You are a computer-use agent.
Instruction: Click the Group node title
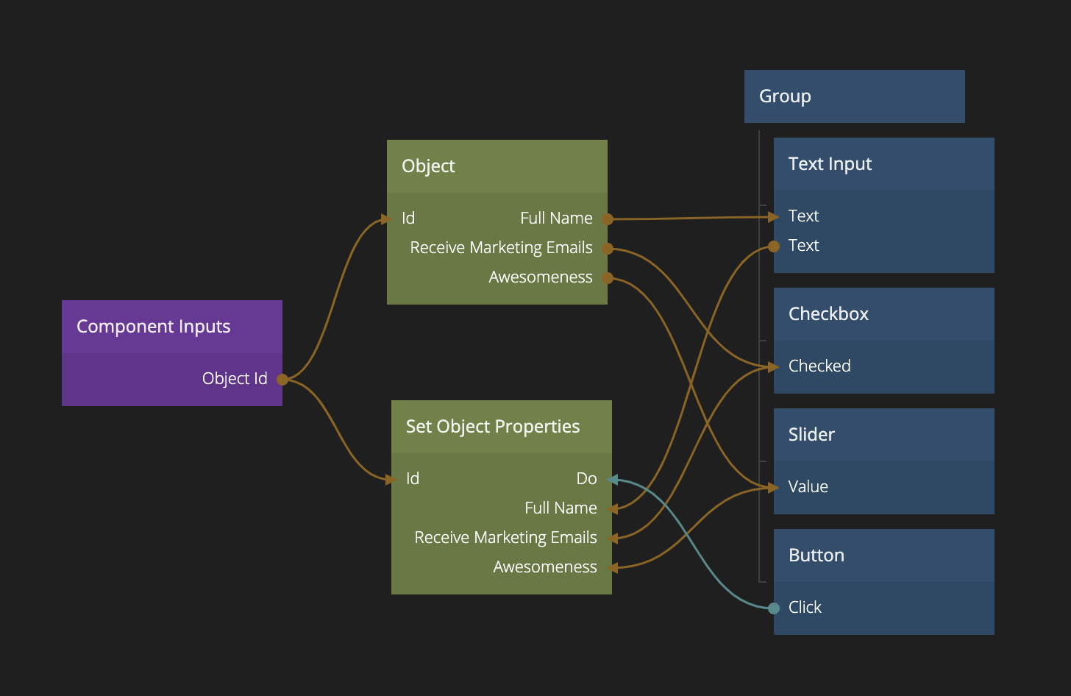(x=785, y=96)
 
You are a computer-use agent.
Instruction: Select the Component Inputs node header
(x=154, y=327)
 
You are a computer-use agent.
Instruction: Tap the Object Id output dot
(x=282, y=380)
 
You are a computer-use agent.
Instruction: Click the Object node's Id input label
(x=408, y=219)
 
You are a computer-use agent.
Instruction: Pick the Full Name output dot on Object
(x=608, y=219)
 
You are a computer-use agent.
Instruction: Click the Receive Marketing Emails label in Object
(x=501, y=248)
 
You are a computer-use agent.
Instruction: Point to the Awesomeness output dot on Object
(x=608, y=278)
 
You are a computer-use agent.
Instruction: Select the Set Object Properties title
(x=493, y=427)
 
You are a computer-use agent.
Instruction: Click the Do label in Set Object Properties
(x=586, y=479)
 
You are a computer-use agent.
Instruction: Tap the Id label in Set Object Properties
(x=413, y=479)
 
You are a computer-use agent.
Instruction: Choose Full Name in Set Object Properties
(x=561, y=508)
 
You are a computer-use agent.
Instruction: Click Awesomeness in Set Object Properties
(x=545, y=567)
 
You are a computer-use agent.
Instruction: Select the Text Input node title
(x=830, y=164)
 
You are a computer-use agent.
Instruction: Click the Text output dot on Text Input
(x=774, y=246)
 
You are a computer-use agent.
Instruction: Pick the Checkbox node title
(x=828, y=314)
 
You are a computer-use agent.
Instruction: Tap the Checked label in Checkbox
(x=819, y=366)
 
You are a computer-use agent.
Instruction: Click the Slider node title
(x=811, y=435)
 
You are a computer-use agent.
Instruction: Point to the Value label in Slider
(x=808, y=487)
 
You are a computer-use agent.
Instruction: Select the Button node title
(x=816, y=555)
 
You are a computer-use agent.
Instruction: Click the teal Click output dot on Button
(x=774, y=608)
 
